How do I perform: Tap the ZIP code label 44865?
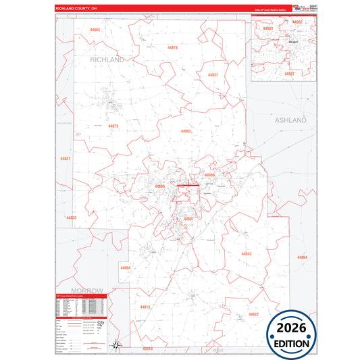tap(95, 30)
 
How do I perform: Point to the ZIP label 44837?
tap(213, 74)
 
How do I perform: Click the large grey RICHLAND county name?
tap(107, 60)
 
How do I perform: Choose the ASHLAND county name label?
tap(290, 120)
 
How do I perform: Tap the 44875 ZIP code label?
tap(113, 126)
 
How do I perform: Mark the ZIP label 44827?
tap(65, 158)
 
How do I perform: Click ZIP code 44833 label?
tap(72, 217)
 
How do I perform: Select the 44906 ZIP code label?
tap(159, 186)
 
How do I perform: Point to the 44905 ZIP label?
tap(209, 174)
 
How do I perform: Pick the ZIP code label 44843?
tap(246, 254)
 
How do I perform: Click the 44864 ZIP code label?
tap(301, 257)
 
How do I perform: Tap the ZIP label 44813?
tap(145, 307)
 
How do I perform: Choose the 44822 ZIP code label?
tap(253, 315)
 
